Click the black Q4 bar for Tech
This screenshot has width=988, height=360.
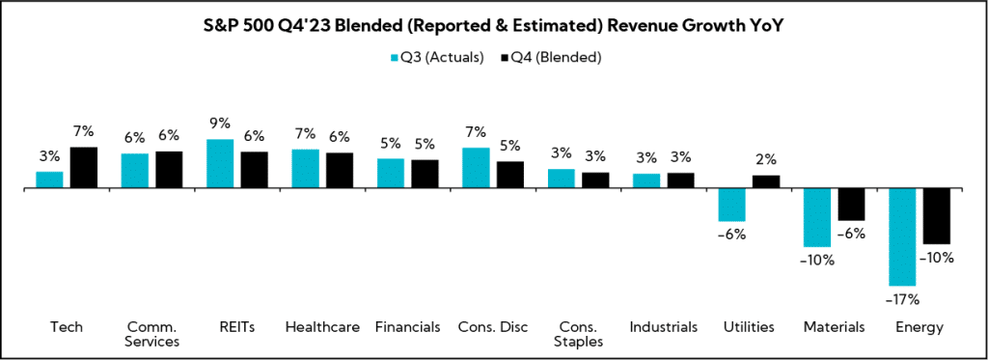pyautogui.click(x=84, y=167)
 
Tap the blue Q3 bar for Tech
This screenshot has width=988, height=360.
pyautogui.click(x=49, y=179)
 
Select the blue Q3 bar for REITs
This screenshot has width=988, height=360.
pyautogui.click(x=220, y=163)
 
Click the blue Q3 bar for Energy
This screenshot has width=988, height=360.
pyautogui.click(x=902, y=236)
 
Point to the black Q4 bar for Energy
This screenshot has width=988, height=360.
pyautogui.click(x=937, y=216)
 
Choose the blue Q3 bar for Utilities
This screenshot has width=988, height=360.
pyautogui.click(x=731, y=205)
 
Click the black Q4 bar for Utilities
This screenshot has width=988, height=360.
pyautogui.click(x=766, y=181)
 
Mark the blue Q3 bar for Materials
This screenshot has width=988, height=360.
pyautogui.click(x=817, y=217)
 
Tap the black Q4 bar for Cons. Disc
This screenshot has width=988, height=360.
pyautogui.click(x=510, y=174)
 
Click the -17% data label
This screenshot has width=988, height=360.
pyautogui.click(x=902, y=298)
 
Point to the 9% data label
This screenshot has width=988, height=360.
pyautogui.click(x=220, y=124)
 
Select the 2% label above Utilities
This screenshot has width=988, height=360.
pyautogui.click(x=766, y=160)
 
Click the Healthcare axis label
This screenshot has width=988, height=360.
pyautogui.click(x=322, y=327)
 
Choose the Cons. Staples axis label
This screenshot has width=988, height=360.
pyautogui.click(x=577, y=334)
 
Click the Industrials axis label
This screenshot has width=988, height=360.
pyautogui.click(x=663, y=327)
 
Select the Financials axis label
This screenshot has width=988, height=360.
pyautogui.click(x=407, y=327)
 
